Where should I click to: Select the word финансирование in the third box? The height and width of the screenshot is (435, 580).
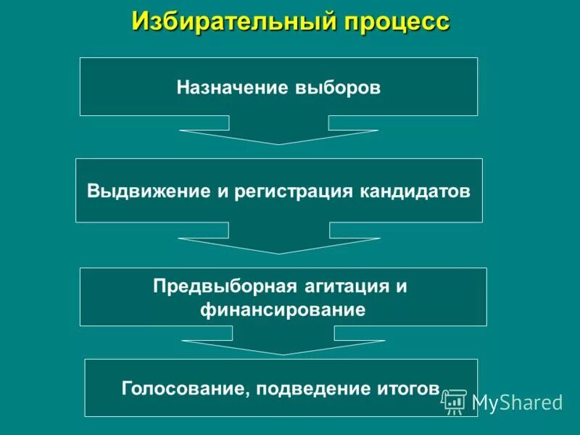pos(283,310)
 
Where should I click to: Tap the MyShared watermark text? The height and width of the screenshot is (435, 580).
pos(517,402)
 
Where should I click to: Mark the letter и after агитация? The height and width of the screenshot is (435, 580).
pos(401,286)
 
